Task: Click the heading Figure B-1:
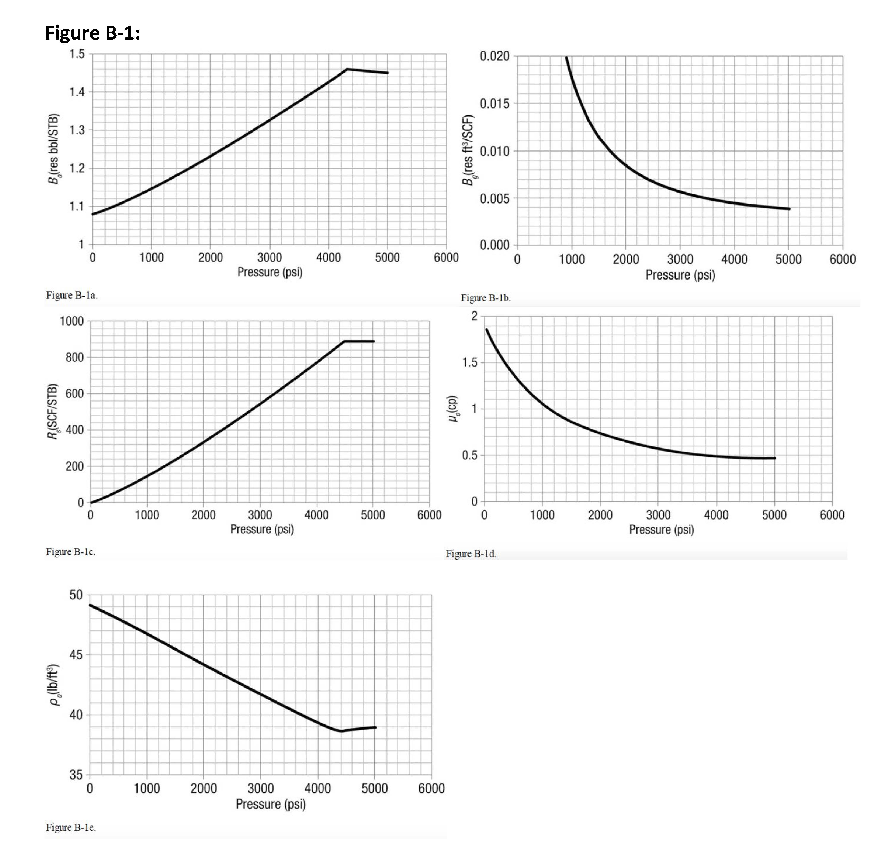[92, 33]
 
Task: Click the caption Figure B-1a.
[72, 295]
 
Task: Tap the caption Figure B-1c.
[71, 552]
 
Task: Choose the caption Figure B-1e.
[71, 827]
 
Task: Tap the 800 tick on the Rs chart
[75, 357]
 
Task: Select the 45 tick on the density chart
[76, 655]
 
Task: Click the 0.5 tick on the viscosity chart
[470, 455]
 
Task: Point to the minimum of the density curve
[341, 731]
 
